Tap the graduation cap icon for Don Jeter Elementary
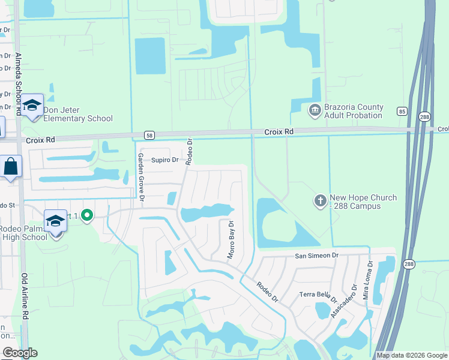pyautogui.click(x=32, y=106)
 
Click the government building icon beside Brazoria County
pyautogui.click(x=315, y=110)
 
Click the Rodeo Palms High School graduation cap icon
pyautogui.click(x=56, y=221)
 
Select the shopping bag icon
pyautogui.click(x=11, y=167)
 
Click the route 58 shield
pyautogui.click(x=149, y=134)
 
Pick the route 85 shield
pyautogui.click(x=402, y=111)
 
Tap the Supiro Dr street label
pyautogui.click(x=164, y=160)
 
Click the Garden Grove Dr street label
pyautogui.click(x=142, y=177)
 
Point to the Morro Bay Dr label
pyautogui.click(x=231, y=239)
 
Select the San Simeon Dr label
pyautogui.click(x=316, y=256)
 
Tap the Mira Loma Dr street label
pyautogui.click(x=367, y=280)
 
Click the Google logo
pyautogui.click(x=20, y=353)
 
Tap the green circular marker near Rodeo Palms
pyautogui.click(x=87, y=214)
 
